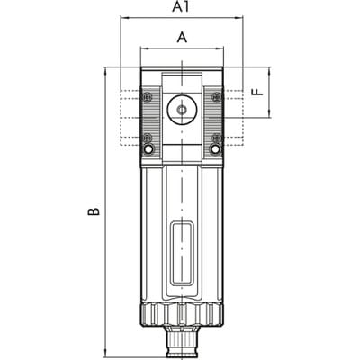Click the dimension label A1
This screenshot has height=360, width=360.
coord(181,7)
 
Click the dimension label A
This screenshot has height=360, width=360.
coord(182,38)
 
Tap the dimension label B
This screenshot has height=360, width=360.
coord(94,211)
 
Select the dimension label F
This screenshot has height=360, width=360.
coord(258,92)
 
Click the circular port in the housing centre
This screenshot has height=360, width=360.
coord(182,110)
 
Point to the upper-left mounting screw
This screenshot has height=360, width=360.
coord(148,97)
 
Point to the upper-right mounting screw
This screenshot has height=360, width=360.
coord(216,97)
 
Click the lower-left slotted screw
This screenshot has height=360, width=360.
coord(148,138)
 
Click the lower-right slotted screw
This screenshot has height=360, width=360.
coord(216,138)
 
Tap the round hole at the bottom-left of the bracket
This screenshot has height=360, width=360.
coord(148,149)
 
